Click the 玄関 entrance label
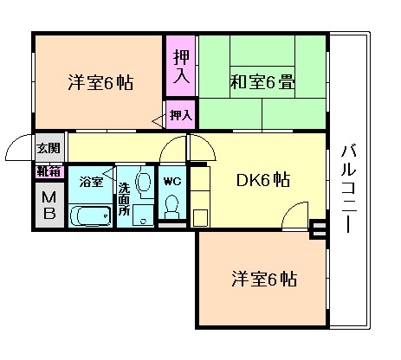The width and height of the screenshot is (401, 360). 48,148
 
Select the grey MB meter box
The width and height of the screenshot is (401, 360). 48,204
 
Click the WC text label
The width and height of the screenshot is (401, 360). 171,181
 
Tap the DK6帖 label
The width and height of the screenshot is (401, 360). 262,181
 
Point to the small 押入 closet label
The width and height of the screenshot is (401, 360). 180,114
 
